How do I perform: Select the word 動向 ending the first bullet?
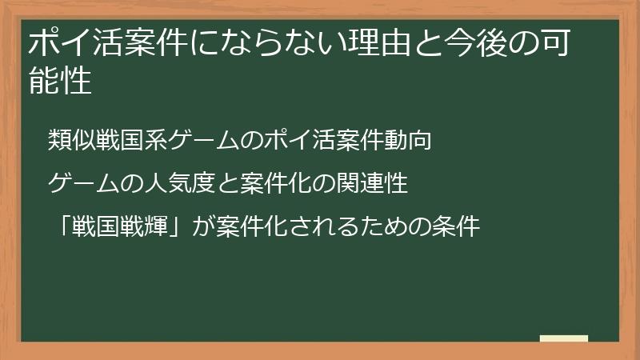click(413, 141)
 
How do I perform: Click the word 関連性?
click(375, 185)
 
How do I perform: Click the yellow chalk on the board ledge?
click(563, 338)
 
